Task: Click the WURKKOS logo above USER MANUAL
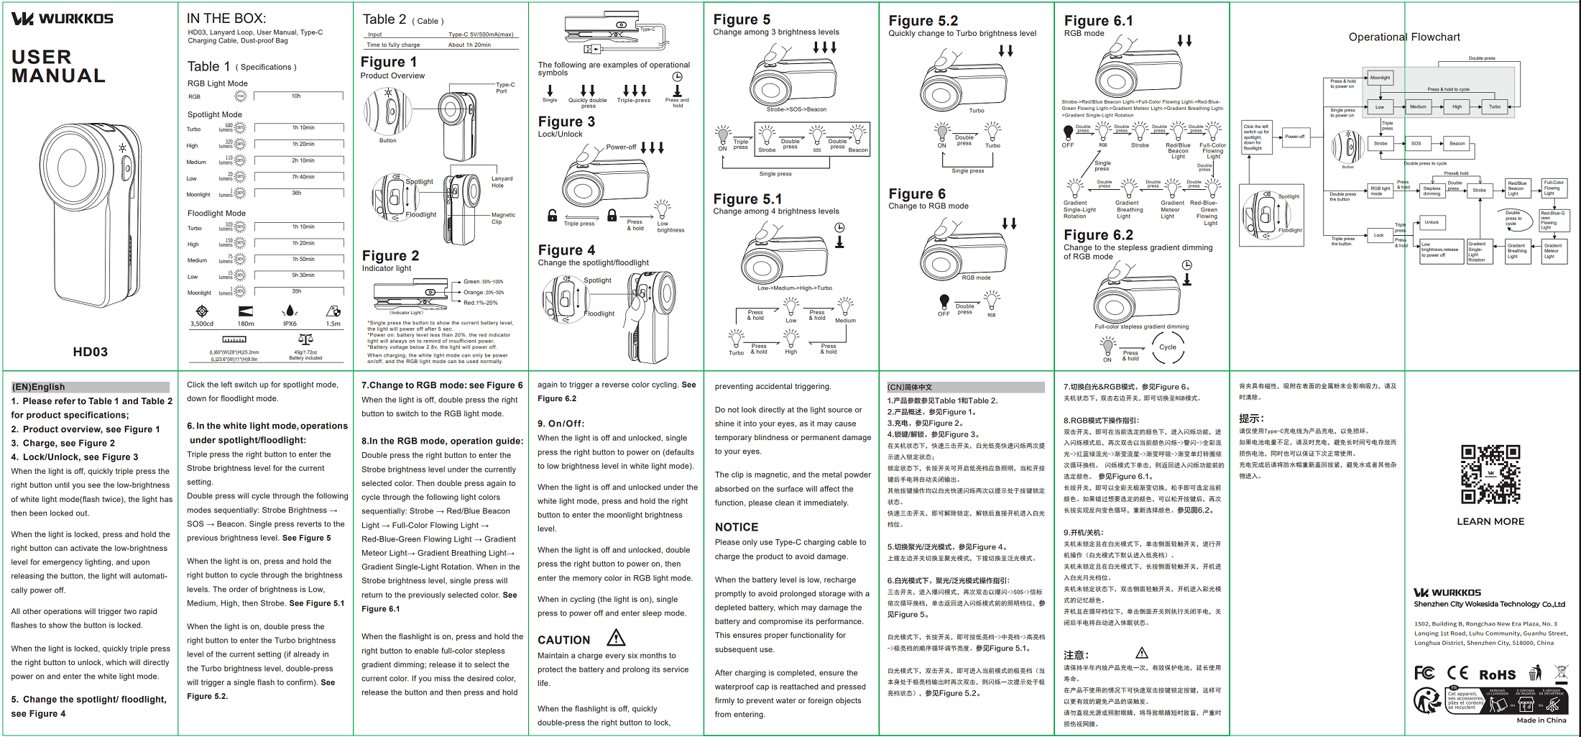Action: tap(63, 19)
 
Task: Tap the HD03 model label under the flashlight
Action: tap(90, 352)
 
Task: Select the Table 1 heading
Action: tap(208, 67)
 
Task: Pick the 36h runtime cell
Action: tap(296, 193)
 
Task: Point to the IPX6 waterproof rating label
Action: tap(290, 324)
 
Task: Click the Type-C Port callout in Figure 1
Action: tap(504, 88)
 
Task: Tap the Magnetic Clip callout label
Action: tap(503, 218)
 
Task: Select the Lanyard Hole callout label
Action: tap(502, 182)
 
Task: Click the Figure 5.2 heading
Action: tap(923, 21)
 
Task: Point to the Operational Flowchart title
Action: tap(1403, 37)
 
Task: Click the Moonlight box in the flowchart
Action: tap(1380, 78)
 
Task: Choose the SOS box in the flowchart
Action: tap(1416, 143)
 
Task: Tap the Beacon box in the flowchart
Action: tap(1457, 143)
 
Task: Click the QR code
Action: tap(1490, 474)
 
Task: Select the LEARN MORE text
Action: tap(1490, 521)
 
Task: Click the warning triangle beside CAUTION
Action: tap(616, 638)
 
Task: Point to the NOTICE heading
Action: tap(736, 527)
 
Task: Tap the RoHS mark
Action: tap(1497, 675)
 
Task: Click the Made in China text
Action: tap(1541, 720)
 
